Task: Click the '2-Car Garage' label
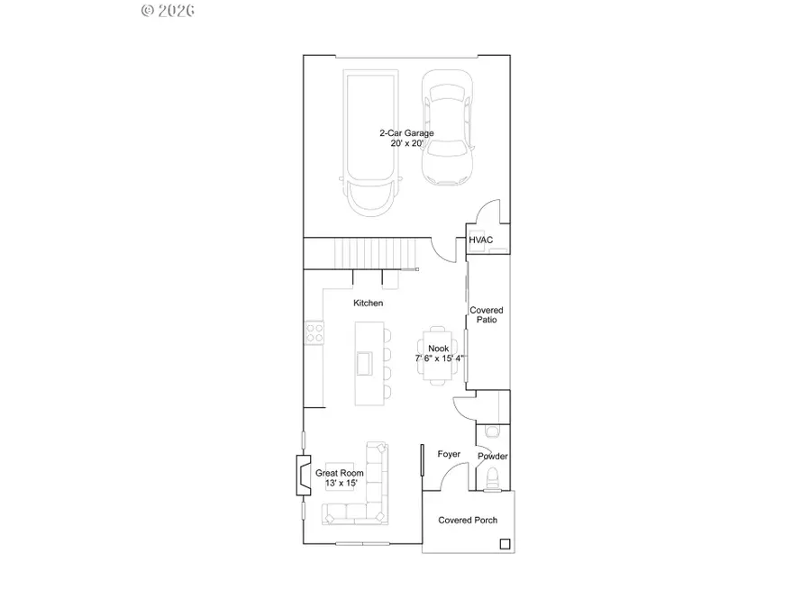click(405, 133)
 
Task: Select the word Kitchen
click(368, 304)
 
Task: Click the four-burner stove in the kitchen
click(314, 333)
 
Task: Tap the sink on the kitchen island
click(364, 362)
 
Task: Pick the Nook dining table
click(438, 355)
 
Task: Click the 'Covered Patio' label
click(487, 315)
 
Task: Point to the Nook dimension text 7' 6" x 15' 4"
click(440, 358)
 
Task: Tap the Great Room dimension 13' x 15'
click(340, 484)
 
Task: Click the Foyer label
click(448, 455)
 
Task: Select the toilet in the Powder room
click(491, 485)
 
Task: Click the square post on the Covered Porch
click(505, 544)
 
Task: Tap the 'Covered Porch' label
click(468, 521)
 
